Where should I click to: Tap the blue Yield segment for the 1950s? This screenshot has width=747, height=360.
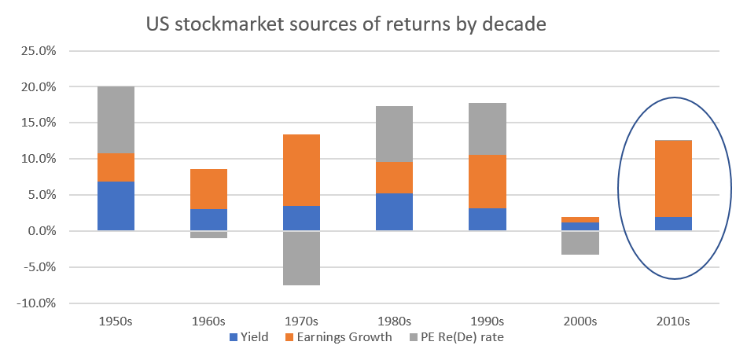point(116,206)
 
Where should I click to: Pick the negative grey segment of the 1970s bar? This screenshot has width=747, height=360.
point(301,258)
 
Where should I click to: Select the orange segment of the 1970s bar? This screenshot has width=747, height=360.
point(301,170)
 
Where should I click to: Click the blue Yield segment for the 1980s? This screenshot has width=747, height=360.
point(394,211)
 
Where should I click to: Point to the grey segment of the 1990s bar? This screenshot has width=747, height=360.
point(487,129)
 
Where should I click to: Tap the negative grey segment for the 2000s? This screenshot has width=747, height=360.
point(580,243)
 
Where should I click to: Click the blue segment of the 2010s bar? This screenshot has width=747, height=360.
point(673,223)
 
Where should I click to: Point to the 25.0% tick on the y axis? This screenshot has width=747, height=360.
point(37,51)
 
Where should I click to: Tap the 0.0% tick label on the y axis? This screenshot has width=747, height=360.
point(39,231)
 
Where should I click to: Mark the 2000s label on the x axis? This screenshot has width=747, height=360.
point(580,321)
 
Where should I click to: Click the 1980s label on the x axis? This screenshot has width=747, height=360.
point(394,321)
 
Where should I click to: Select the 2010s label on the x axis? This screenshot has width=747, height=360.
point(673,321)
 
